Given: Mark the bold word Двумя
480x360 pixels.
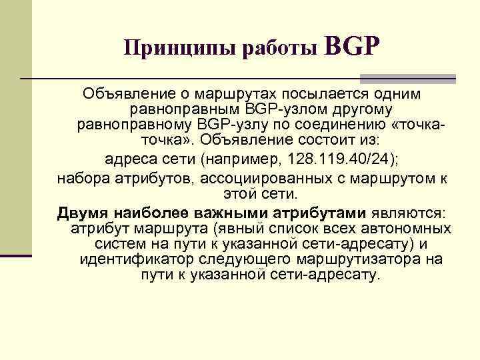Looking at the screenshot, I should click(x=82, y=213).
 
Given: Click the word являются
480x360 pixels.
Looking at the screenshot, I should click(x=409, y=213).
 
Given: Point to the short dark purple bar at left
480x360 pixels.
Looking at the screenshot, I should click(x=16, y=255).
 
